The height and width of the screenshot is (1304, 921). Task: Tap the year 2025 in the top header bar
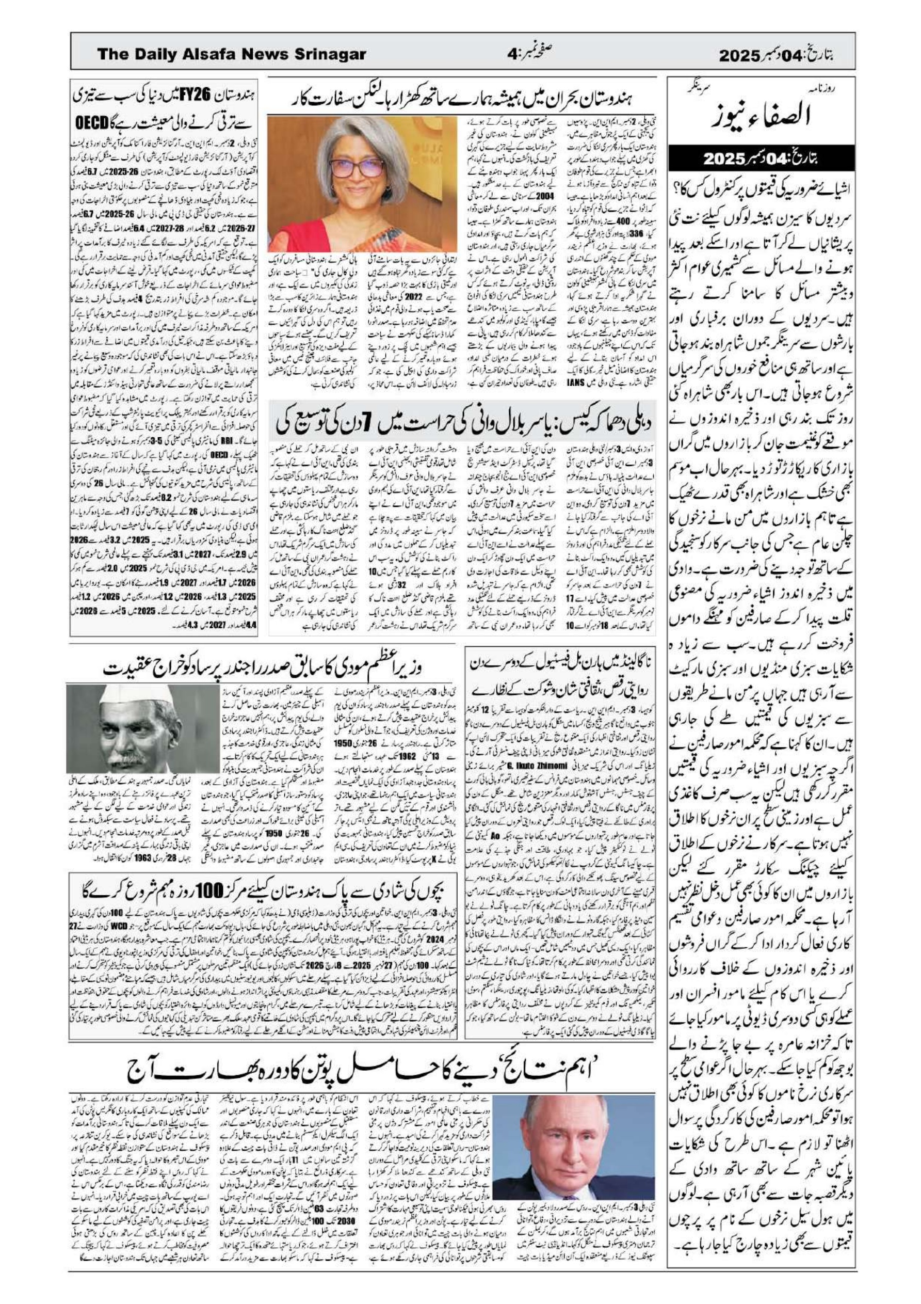point(739,56)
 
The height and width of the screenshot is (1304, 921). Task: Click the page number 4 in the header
point(513,55)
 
